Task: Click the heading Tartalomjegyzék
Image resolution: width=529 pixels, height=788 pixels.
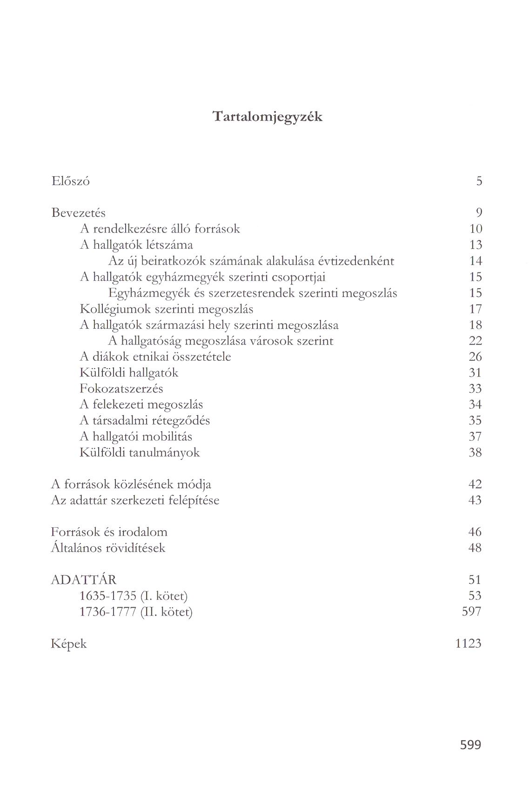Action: click(267, 116)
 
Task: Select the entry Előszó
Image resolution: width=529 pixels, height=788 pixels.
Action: click(71, 181)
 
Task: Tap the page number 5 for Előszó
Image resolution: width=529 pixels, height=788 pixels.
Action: click(479, 181)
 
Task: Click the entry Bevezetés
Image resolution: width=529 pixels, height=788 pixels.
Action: click(78, 213)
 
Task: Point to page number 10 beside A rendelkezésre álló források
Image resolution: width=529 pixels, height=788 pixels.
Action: click(475, 229)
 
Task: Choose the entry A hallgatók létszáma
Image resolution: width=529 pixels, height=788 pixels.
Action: click(136, 245)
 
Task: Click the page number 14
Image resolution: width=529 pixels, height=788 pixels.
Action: click(475, 261)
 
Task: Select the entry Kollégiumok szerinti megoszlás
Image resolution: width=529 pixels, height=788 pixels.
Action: click(167, 309)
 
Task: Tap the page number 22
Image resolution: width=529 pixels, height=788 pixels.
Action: click(475, 341)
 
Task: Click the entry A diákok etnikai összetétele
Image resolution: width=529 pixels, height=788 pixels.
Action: click(155, 357)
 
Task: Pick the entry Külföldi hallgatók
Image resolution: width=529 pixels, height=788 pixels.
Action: click(129, 373)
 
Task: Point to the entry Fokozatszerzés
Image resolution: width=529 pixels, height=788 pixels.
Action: click(121, 389)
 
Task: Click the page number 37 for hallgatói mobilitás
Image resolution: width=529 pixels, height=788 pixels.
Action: click(475, 437)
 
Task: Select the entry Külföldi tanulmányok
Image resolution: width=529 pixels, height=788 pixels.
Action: click(140, 452)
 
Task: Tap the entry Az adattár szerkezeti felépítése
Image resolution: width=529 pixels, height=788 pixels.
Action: click(135, 501)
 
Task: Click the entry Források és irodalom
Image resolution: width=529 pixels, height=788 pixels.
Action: click(109, 532)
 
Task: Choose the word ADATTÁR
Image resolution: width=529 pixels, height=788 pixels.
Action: click(84, 580)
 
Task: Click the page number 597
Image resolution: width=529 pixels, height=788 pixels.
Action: click(471, 612)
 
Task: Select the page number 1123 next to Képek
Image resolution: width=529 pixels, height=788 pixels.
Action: click(468, 644)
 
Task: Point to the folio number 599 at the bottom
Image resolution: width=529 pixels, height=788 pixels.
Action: click(470, 745)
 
